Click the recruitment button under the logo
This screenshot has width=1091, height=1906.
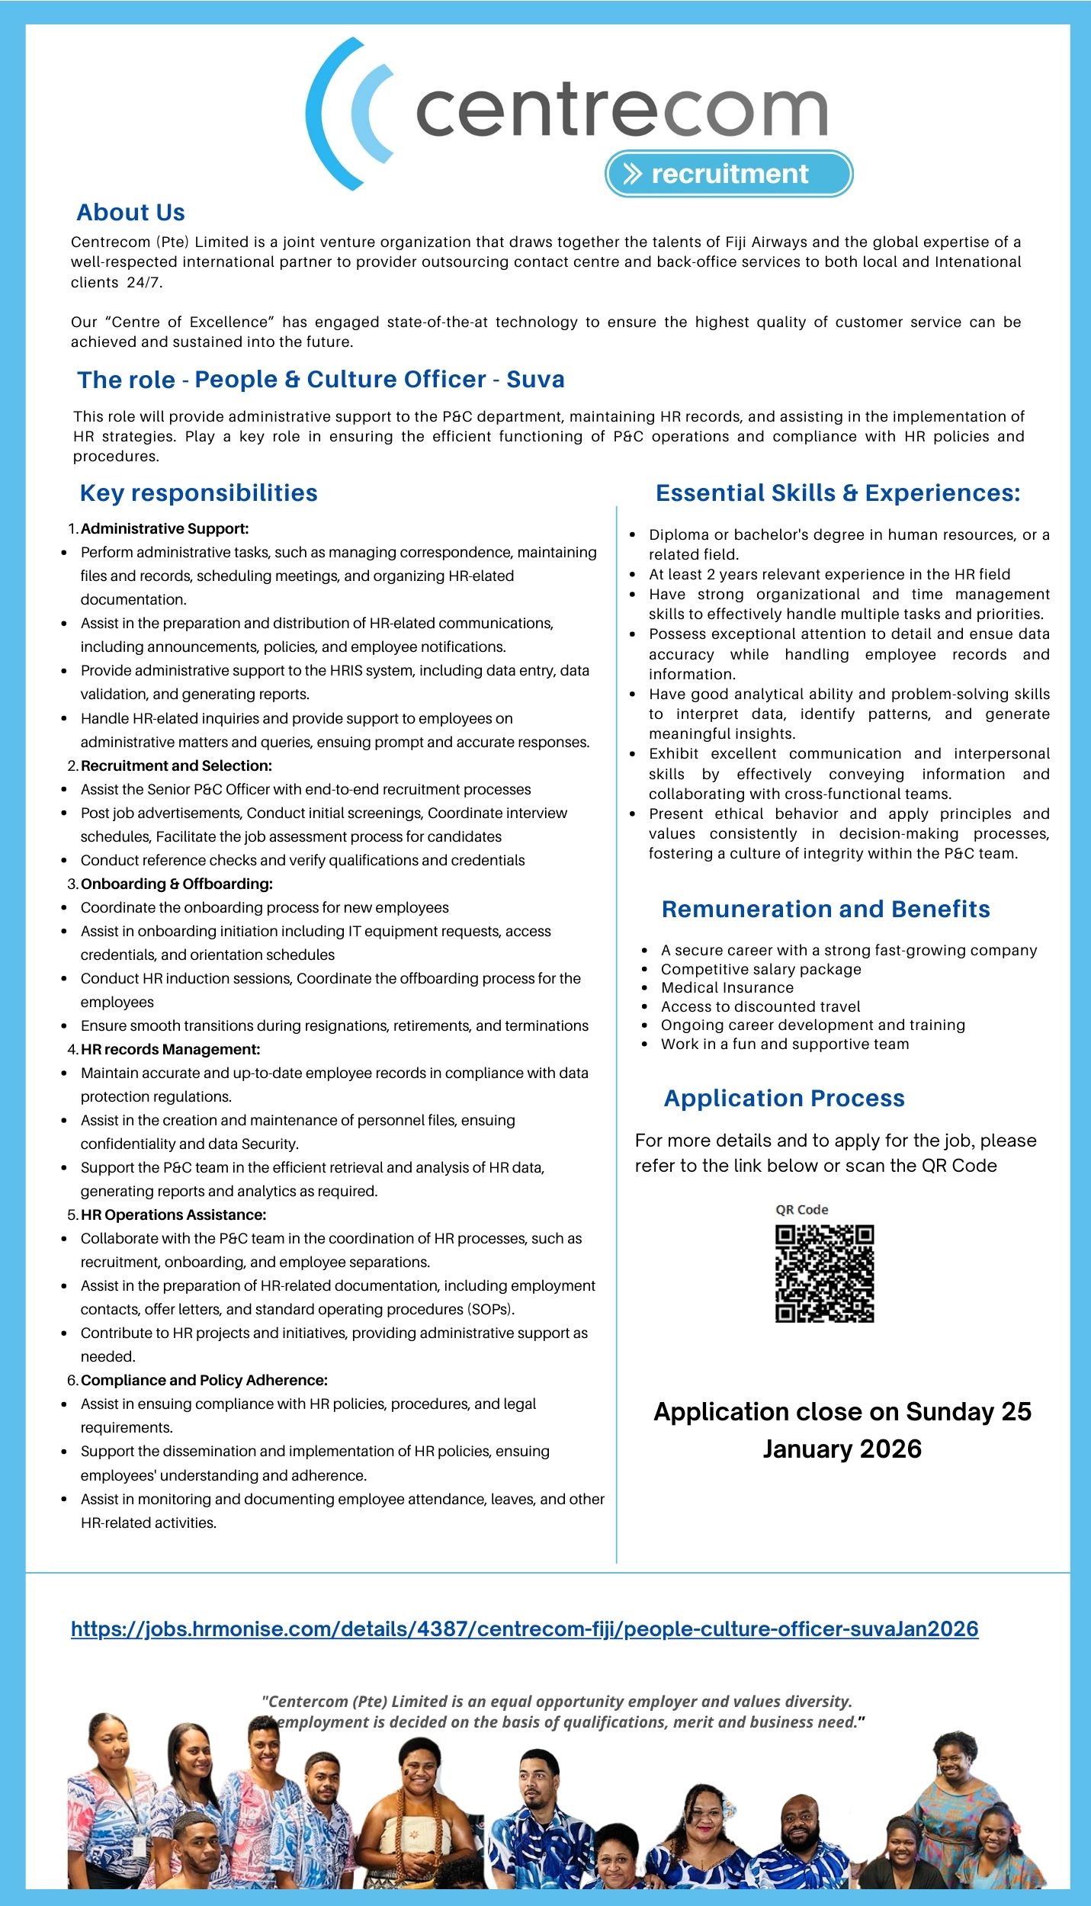(729, 174)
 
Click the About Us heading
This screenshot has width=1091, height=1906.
(130, 213)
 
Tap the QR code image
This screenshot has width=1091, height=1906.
(824, 1273)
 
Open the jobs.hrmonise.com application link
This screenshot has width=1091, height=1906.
(525, 1629)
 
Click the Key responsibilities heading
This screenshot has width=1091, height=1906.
(198, 493)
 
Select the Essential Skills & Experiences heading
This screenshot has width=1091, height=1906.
(837, 493)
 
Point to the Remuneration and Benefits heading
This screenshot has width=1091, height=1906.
(826, 909)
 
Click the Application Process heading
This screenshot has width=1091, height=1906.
(784, 1098)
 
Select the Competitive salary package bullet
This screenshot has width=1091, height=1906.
(761, 969)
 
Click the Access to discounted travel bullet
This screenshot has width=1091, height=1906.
(760, 1006)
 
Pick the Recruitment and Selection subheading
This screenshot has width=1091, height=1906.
(176, 765)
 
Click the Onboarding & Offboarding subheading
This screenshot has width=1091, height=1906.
(176, 884)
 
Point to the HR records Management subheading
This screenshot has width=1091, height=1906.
(170, 1049)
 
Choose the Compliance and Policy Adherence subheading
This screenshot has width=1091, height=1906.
(204, 1380)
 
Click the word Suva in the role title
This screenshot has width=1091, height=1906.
(535, 379)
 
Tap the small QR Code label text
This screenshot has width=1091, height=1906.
(801, 1209)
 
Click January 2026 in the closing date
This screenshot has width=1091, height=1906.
(842, 1449)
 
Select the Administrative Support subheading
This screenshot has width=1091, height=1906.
(165, 528)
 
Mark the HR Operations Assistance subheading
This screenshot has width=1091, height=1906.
(173, 1215)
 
